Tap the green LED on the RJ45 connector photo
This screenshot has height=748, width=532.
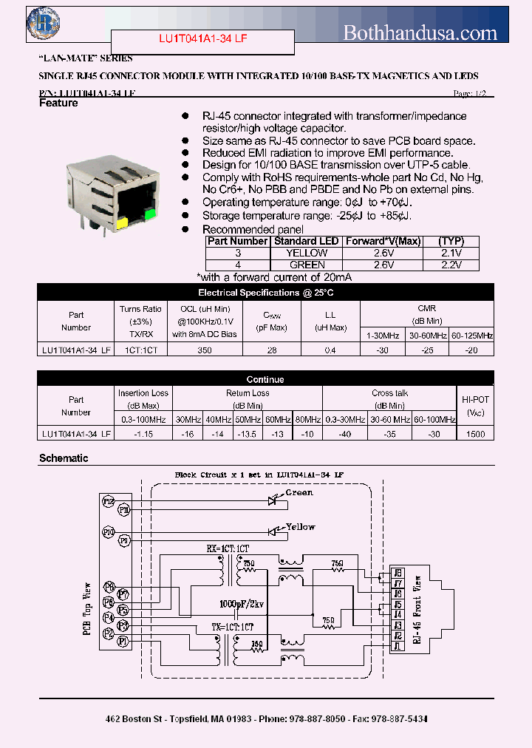[x=150, y=215]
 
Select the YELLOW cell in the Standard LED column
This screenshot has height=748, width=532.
[x=307, y=253]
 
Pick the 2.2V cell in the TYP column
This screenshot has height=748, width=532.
[x=450, y=264]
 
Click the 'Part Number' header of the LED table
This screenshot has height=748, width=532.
[x=237, y=241]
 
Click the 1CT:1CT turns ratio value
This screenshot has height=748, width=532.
[x=140, y=350]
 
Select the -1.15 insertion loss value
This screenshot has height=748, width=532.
[x=143, y=434]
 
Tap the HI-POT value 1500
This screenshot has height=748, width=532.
[x=476, y=434]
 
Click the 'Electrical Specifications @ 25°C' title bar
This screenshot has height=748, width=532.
[x=266, y=293]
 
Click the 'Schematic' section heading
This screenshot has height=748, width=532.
[x=64, y=458]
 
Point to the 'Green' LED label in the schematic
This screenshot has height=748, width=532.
[x=299, y=493]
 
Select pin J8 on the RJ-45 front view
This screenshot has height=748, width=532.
[x=398, y=573]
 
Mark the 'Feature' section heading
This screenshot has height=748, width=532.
[x=58, y=103]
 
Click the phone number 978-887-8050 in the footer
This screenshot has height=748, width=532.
[x=318, y=718]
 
